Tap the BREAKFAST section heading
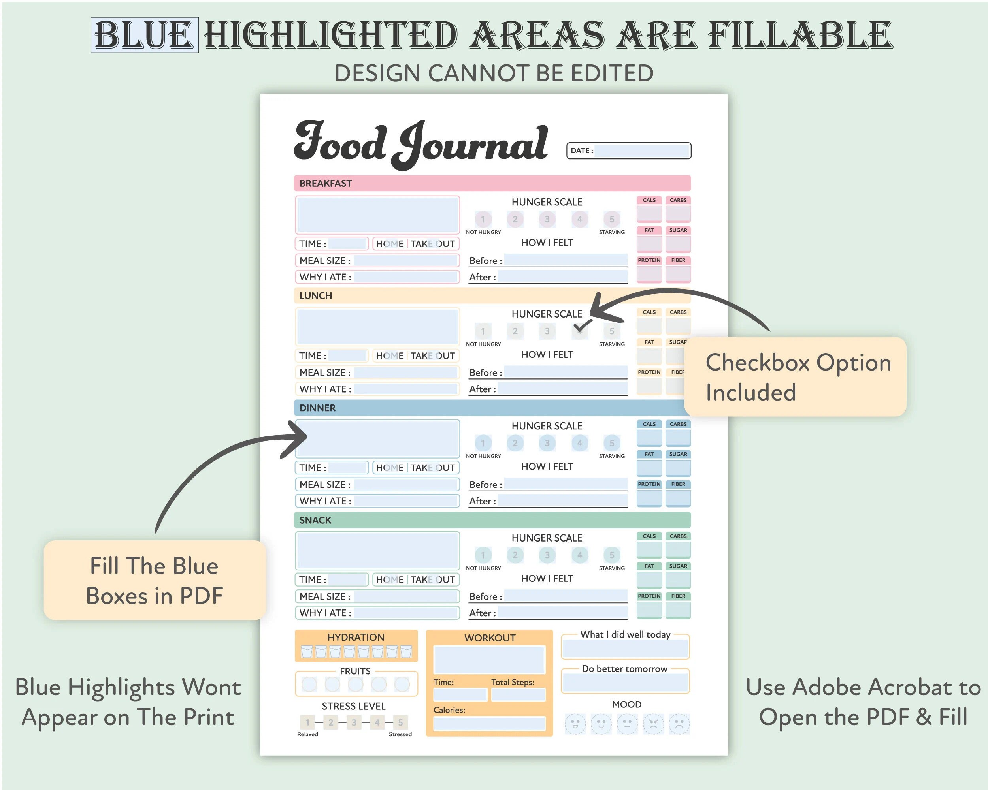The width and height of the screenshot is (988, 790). pos(325,183)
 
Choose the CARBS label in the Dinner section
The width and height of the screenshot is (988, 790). pos(678,424)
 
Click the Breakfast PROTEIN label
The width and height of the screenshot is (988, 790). pos(649,260)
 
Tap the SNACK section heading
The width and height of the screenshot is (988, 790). pos(315,520)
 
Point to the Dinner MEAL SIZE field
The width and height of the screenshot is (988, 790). pos(405,484)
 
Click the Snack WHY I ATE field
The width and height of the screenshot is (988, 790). pos(405,613)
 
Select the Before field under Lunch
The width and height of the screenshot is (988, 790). pos(566,371)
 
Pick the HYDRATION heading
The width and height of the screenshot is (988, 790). pos(356,637)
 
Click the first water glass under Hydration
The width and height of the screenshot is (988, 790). pos(307,651)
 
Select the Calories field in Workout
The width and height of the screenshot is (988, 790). pos(489,723)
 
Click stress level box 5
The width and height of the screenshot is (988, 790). pos(400,722)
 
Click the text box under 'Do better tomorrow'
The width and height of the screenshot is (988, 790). pos(625,683)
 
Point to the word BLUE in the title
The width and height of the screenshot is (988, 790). pos(144,35)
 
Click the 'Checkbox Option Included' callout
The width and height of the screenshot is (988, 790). pos(795,376)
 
